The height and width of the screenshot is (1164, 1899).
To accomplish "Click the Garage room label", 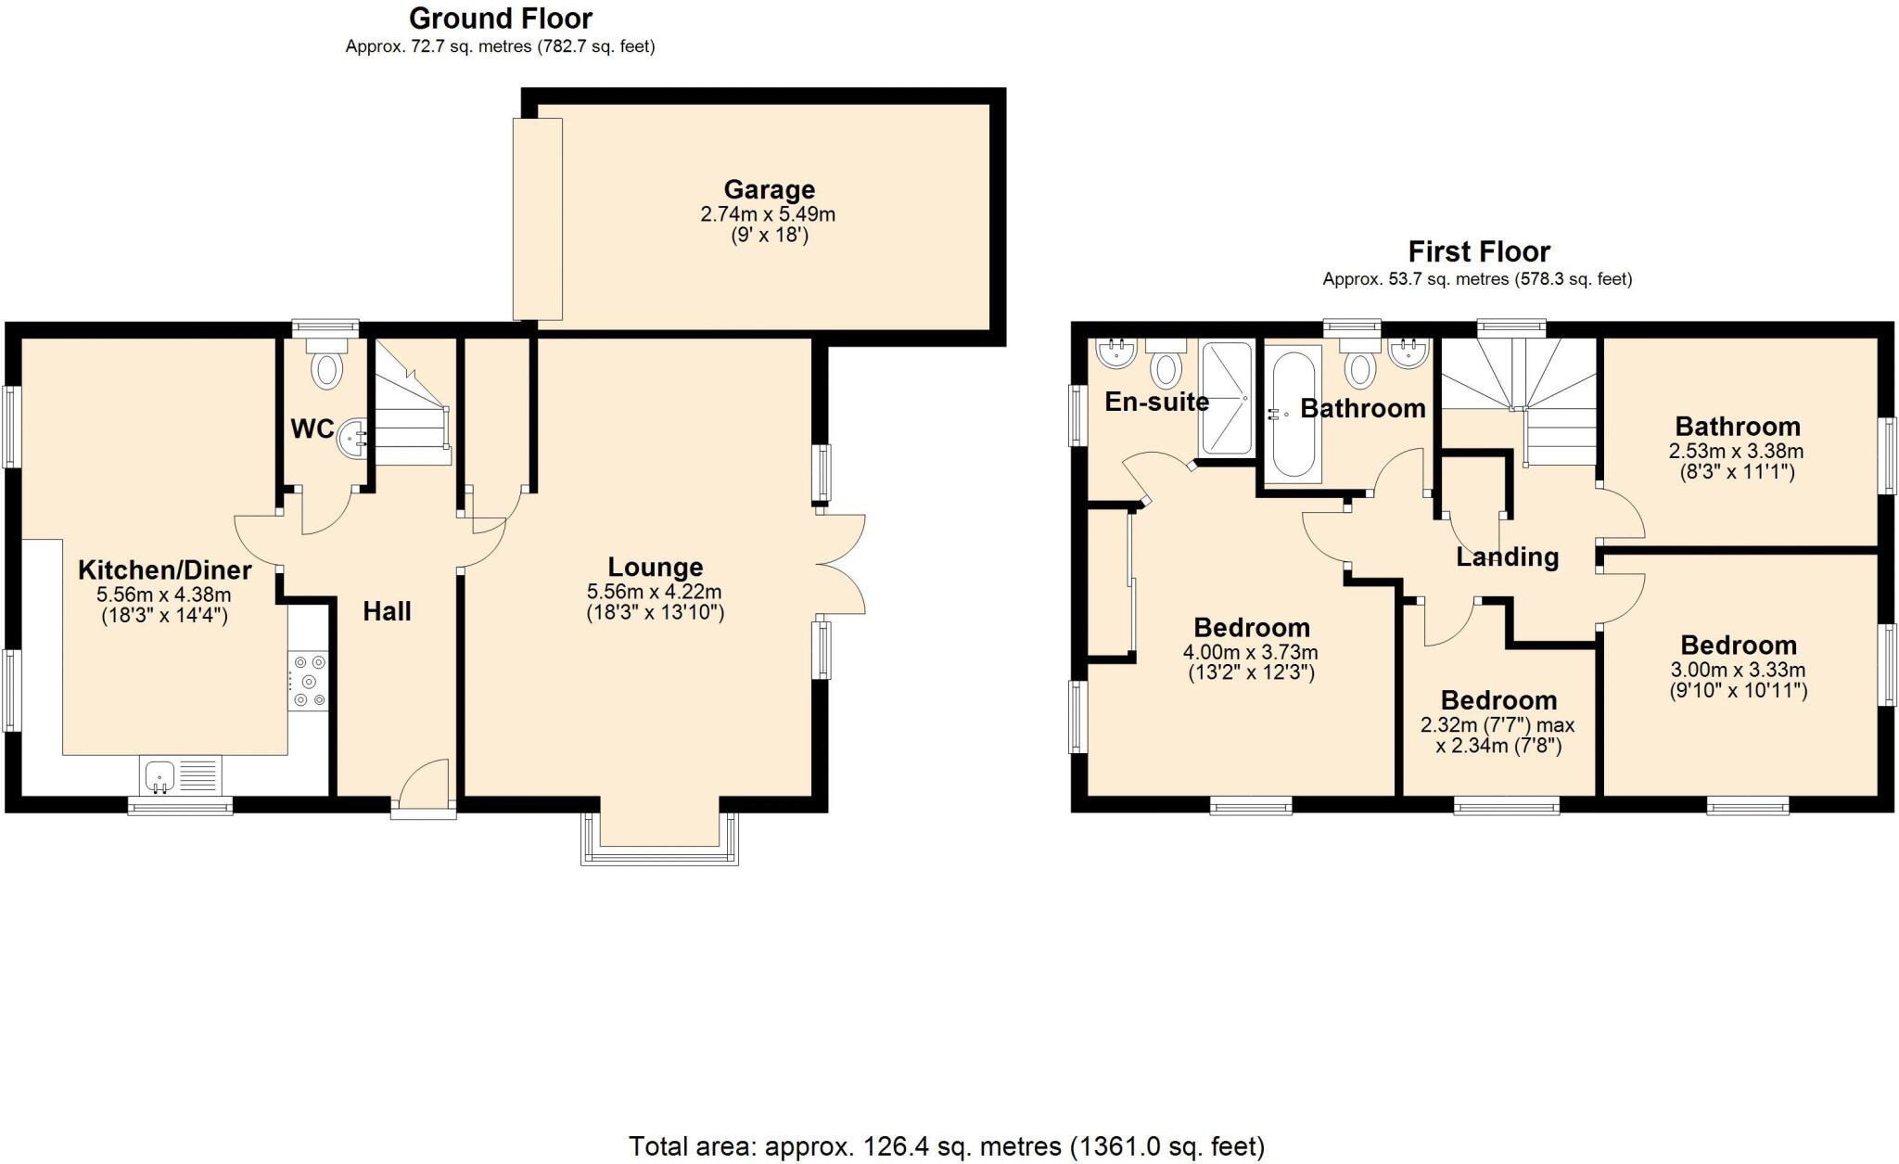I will coord(769,190).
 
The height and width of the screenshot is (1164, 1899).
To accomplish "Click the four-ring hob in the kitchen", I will coord(308,681).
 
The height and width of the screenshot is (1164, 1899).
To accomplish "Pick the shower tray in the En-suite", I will coord(1226,398).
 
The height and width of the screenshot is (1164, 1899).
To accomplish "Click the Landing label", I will coord(1507,557).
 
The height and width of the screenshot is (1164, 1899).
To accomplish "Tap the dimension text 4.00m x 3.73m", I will coord(1250,652).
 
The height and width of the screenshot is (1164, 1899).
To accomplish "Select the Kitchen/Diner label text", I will coord(164,569).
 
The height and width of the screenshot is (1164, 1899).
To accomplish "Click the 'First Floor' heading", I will coord(1479,251).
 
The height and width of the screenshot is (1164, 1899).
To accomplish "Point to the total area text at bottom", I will coord(946,1146).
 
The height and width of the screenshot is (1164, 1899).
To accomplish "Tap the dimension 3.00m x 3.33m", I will coord(1738,670).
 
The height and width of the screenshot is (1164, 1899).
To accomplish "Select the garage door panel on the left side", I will coord(538,218).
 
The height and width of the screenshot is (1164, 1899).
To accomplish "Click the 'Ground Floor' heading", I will coord(501,18).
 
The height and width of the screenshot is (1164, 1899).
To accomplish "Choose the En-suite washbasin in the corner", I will coord(1116,353).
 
